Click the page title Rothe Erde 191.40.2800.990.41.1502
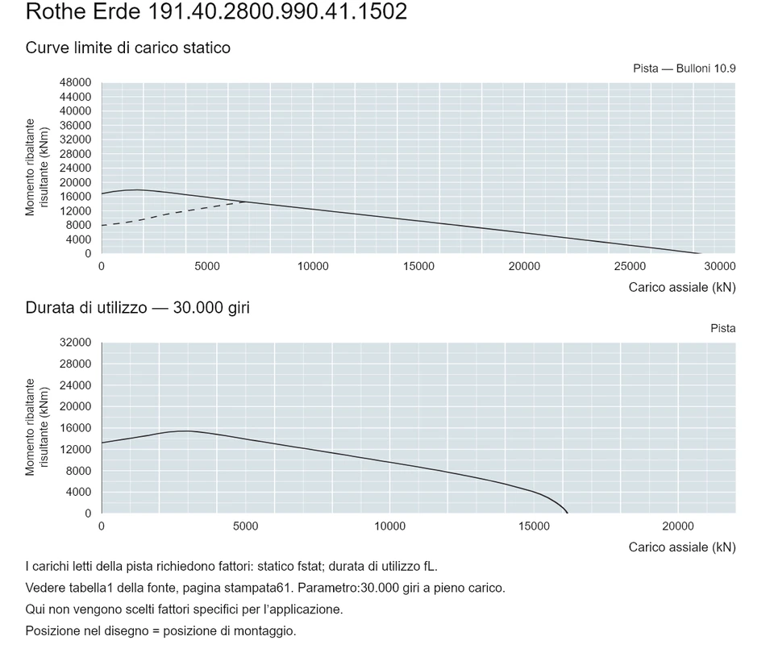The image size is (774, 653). (x=216, y=11)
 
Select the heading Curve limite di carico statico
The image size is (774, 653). (x=128, y=48)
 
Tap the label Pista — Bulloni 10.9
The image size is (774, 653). (x=685, y=69)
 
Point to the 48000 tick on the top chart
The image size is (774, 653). (x=76, y=82)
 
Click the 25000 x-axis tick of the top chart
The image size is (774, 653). (x=630, y=267)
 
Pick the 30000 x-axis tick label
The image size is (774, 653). (x=720, y=267)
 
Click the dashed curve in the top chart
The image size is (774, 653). (x=173, y=212)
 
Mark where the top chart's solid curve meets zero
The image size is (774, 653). (x=700, y=253)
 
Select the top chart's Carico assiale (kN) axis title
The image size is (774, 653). (x=682, y=288)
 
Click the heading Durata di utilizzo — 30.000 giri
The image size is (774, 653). (x=138, y=308)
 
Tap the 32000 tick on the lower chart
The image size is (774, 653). (x=76, y=343)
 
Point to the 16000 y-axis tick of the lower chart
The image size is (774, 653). (x=76, y=428)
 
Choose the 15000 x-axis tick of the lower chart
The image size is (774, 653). (x=534, y=526)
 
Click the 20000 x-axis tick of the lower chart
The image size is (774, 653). (x=678, y=526)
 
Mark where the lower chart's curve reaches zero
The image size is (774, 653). (x=567, y=514)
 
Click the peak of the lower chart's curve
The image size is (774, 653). (x=185, y=431)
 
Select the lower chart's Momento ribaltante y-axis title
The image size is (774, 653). (x=30, y=427)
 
